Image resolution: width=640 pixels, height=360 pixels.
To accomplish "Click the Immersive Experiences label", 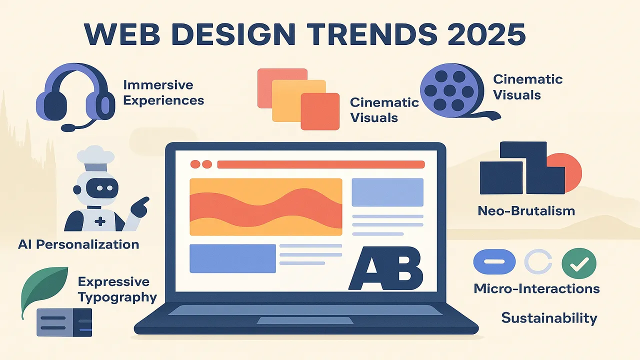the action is click(x=163, y=92).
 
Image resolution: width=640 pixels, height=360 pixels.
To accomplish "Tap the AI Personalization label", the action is click(x=78, y=244).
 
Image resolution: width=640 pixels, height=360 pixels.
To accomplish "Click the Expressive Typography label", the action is click(x=117, y=289).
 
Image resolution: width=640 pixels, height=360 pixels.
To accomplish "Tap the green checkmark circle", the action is click(x=579, y=263).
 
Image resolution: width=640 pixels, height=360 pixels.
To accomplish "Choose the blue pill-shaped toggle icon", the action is click(x=494, y=261).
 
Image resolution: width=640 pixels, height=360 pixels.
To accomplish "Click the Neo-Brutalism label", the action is click(x=526, y=211).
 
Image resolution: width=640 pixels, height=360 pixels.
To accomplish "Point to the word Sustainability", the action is click(x=549, y=318).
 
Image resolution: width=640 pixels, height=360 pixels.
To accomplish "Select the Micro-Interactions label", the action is click(x=536, y=288).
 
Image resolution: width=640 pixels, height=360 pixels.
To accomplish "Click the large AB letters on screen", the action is click(x=386, y=268).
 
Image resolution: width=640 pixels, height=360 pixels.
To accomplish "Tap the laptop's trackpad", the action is click(x=305, y=320).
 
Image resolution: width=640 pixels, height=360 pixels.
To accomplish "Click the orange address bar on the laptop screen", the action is click(x=321, y=164).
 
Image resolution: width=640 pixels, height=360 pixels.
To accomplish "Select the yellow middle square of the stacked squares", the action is click(x=299, y=100).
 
